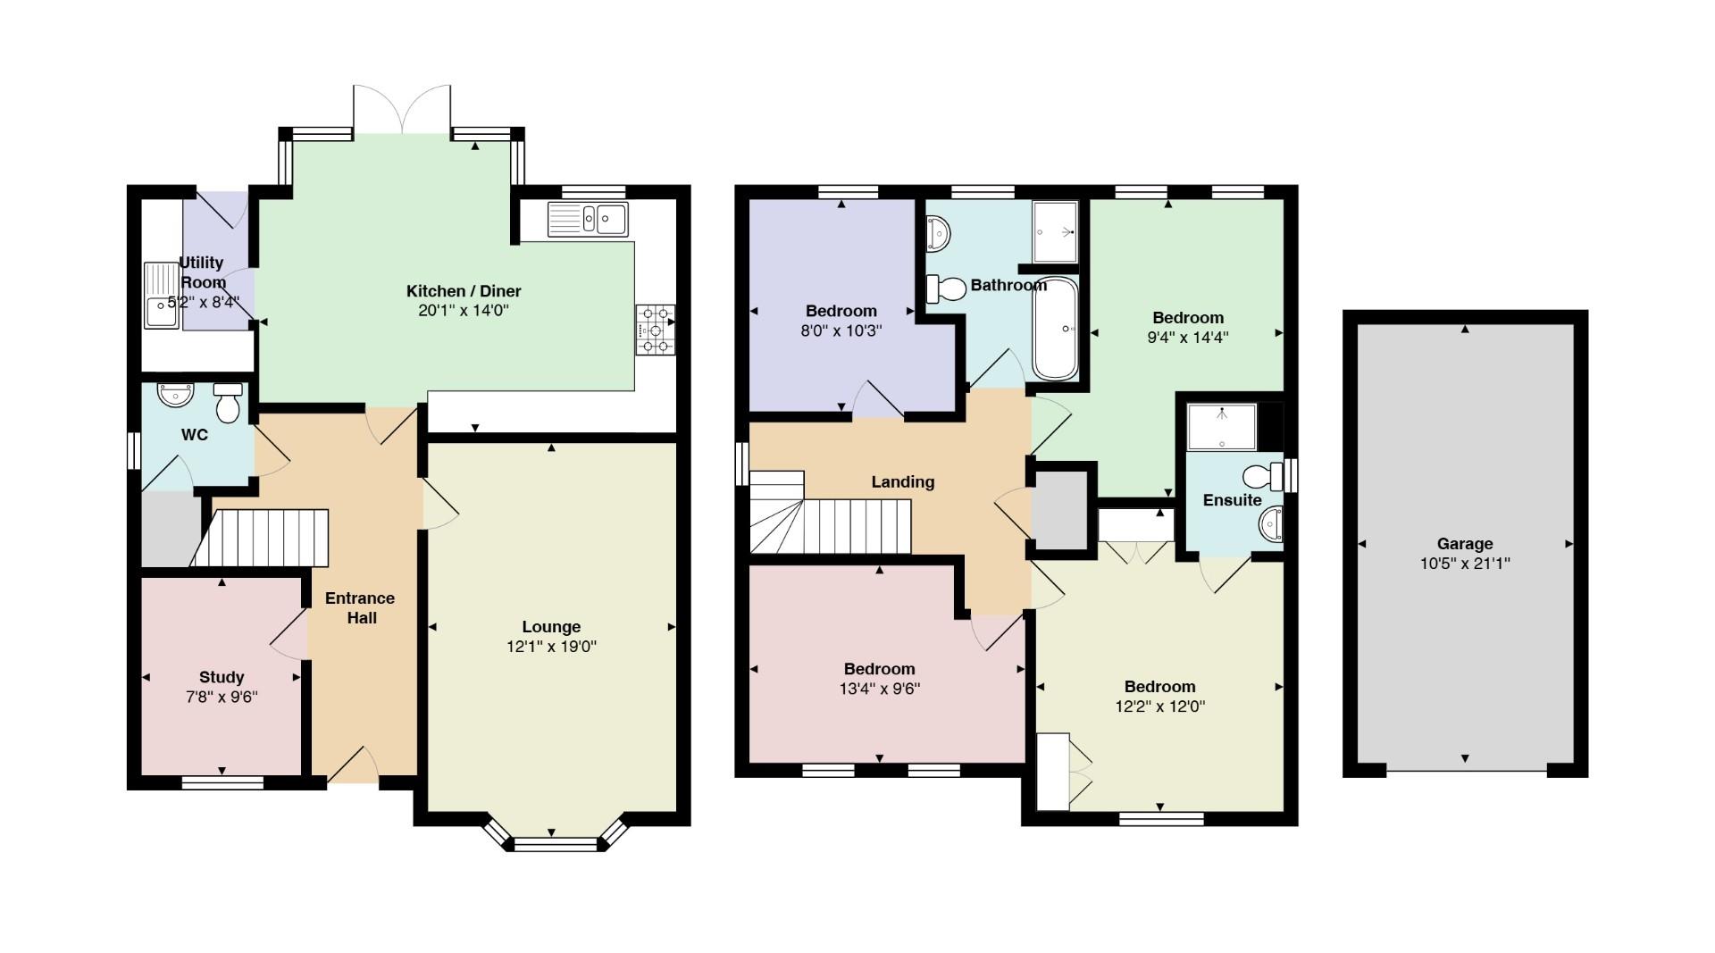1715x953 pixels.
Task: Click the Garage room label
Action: point(1464,543)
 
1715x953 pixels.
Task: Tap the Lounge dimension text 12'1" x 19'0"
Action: point(551,647)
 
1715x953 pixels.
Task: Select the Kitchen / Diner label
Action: point(464,291)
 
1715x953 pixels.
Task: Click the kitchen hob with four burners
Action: point(655,330)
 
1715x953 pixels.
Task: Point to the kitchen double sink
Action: point(589,217)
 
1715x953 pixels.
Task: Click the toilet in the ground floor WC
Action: point(229,403)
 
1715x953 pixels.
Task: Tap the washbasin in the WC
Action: point(174,393)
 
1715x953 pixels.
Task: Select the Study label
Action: point(222,677)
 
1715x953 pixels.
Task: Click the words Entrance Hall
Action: point(360,607)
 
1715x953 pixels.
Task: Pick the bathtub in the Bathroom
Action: point(1055,329)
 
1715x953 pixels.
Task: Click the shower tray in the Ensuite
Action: point(1222,427)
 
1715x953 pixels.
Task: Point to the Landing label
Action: point(903,482)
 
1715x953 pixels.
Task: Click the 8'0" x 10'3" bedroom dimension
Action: point(841,330)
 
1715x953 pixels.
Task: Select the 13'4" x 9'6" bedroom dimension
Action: point(879,689)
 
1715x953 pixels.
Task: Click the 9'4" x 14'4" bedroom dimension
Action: point(1188,338)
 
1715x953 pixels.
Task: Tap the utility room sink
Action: point(162,296)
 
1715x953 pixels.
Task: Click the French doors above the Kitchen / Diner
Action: point(402,110)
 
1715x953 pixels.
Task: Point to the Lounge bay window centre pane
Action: point(555,844)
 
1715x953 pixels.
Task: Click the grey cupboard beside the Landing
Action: point(1060,511)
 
